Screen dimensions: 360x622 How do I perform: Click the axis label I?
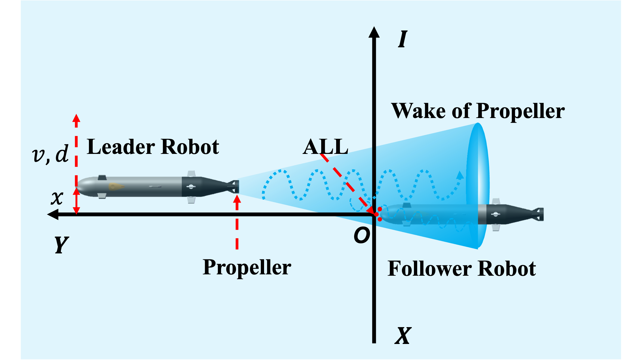point(403,39)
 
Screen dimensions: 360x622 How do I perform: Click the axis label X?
point(403,336)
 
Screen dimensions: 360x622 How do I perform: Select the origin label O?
point(362,235)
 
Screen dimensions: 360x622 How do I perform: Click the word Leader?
point(121,147)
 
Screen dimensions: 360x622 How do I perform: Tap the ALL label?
point(325,147)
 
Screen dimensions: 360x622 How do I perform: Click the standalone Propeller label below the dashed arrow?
point(247,268)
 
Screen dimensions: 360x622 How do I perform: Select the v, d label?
point(50,154)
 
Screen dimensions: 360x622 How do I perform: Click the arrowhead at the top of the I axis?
point(374,32)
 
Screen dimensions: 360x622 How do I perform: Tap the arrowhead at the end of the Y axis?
point(53,214)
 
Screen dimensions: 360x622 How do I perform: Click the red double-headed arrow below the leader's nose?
point(76,201)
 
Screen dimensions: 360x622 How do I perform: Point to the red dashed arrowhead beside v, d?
point(76,119)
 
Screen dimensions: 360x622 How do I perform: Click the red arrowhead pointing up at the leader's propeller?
point(237,199)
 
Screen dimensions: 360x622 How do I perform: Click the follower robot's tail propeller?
point(540,214)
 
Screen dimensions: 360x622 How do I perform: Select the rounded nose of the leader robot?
point(82,187)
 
